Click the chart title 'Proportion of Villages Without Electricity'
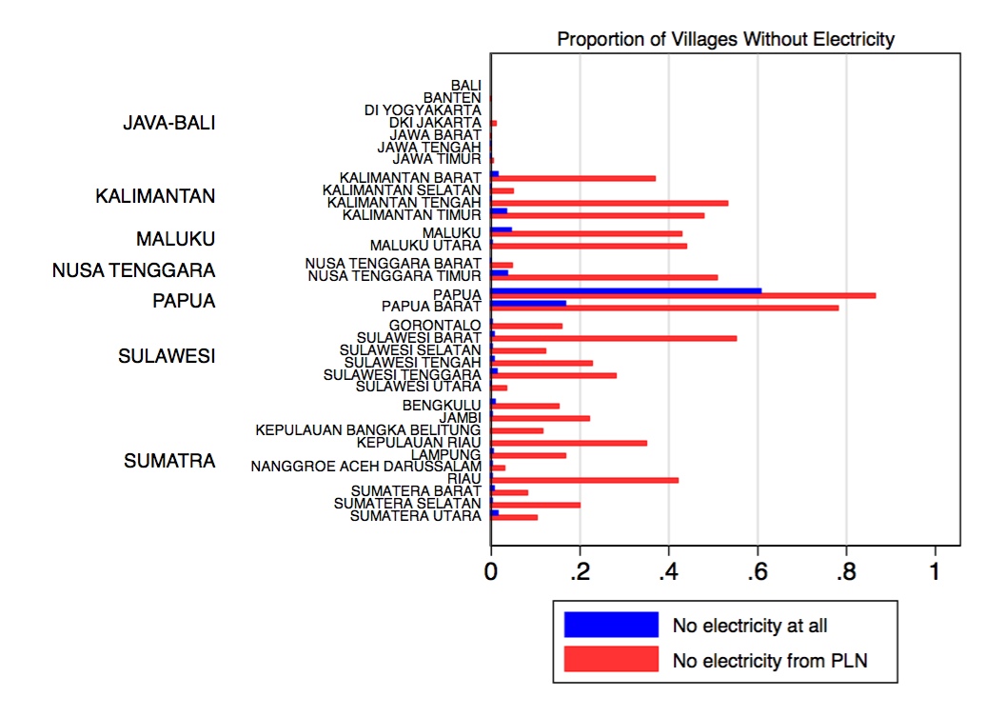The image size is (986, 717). pos(725,39)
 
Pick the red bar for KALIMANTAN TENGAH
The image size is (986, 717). pos(609,203)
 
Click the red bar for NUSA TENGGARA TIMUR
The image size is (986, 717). pos(604,278)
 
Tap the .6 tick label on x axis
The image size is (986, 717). pos(757,572)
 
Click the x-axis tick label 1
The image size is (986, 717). pos(935,572)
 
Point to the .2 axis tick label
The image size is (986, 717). pos(579,572)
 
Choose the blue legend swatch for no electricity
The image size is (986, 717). pos(611,625)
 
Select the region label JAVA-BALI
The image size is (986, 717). pos(169,124)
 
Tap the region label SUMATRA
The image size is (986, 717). pos(169,462)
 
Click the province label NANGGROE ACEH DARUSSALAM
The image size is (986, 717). pos(366,467)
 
